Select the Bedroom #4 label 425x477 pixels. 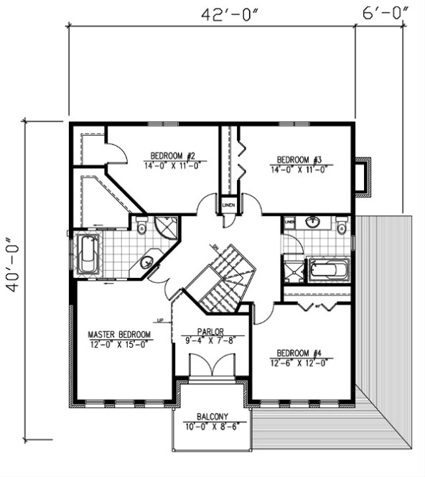(299, 353)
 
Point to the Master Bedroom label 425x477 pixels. (119, 335)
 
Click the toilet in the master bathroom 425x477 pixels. (141, 228)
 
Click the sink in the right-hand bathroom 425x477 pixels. (313, 222)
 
